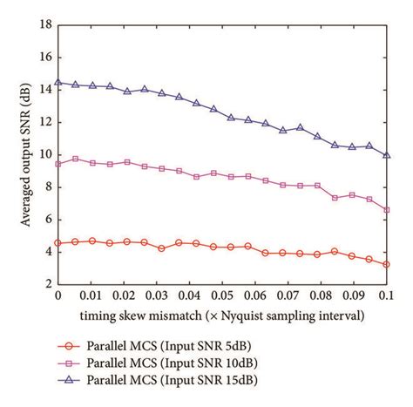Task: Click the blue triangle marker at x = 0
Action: click(x=58, y=83)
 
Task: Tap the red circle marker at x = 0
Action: click(x=58, y=243)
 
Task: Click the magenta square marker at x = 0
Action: click(x=58, y=164)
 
